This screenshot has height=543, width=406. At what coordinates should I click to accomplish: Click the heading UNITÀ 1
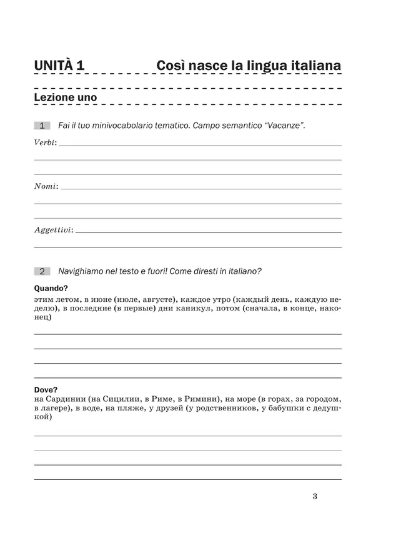click(x=59, y=65)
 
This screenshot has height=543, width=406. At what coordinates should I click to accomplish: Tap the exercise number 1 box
click(x=42, y=126)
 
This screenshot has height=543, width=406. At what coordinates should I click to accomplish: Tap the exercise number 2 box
click(x=42, y=271)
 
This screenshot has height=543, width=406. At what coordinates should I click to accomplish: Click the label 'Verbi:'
click(x=45, y=143)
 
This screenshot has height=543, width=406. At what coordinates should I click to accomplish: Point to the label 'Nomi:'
click(x=46, y=186)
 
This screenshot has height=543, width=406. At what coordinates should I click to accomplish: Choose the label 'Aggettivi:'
click(x=53, y=230)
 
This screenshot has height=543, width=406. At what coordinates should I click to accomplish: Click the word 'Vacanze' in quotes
click(x=284, y=126)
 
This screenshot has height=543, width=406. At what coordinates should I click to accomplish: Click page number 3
click(x=314, y=497)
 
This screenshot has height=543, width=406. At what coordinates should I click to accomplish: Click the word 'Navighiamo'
click(x=83, y=271)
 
